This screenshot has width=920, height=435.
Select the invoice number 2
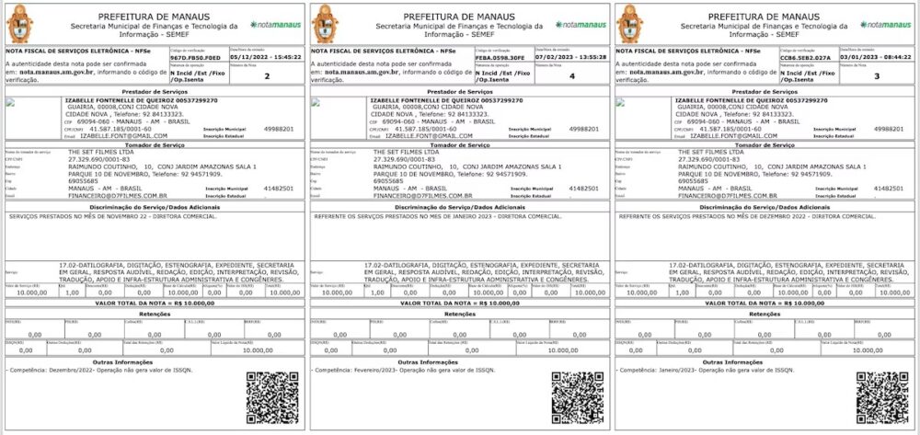pyautogui.click(x=267, y=75)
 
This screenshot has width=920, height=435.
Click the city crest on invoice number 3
pyautogui.click(x=633, y=23)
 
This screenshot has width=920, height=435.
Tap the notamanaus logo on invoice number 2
pyautogui.click(x=276, y=23)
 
